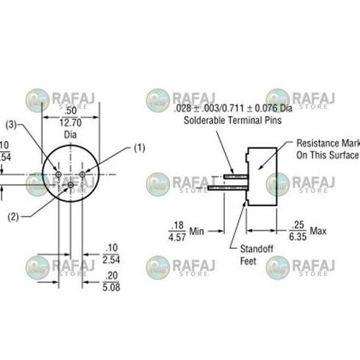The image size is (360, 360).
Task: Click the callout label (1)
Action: (x=139, y=148)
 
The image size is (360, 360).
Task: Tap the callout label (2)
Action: (x=13, y=216)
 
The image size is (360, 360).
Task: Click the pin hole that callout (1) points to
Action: (x=83, y=175)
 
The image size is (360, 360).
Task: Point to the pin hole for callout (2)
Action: (x=70, y=185)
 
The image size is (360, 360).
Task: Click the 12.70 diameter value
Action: (x=70, y=123)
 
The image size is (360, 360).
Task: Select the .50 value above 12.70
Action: (x=70, y=111)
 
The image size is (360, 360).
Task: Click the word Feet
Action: (x=249, y=261)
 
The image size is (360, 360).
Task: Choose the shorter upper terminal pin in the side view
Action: (x=234, y=176)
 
